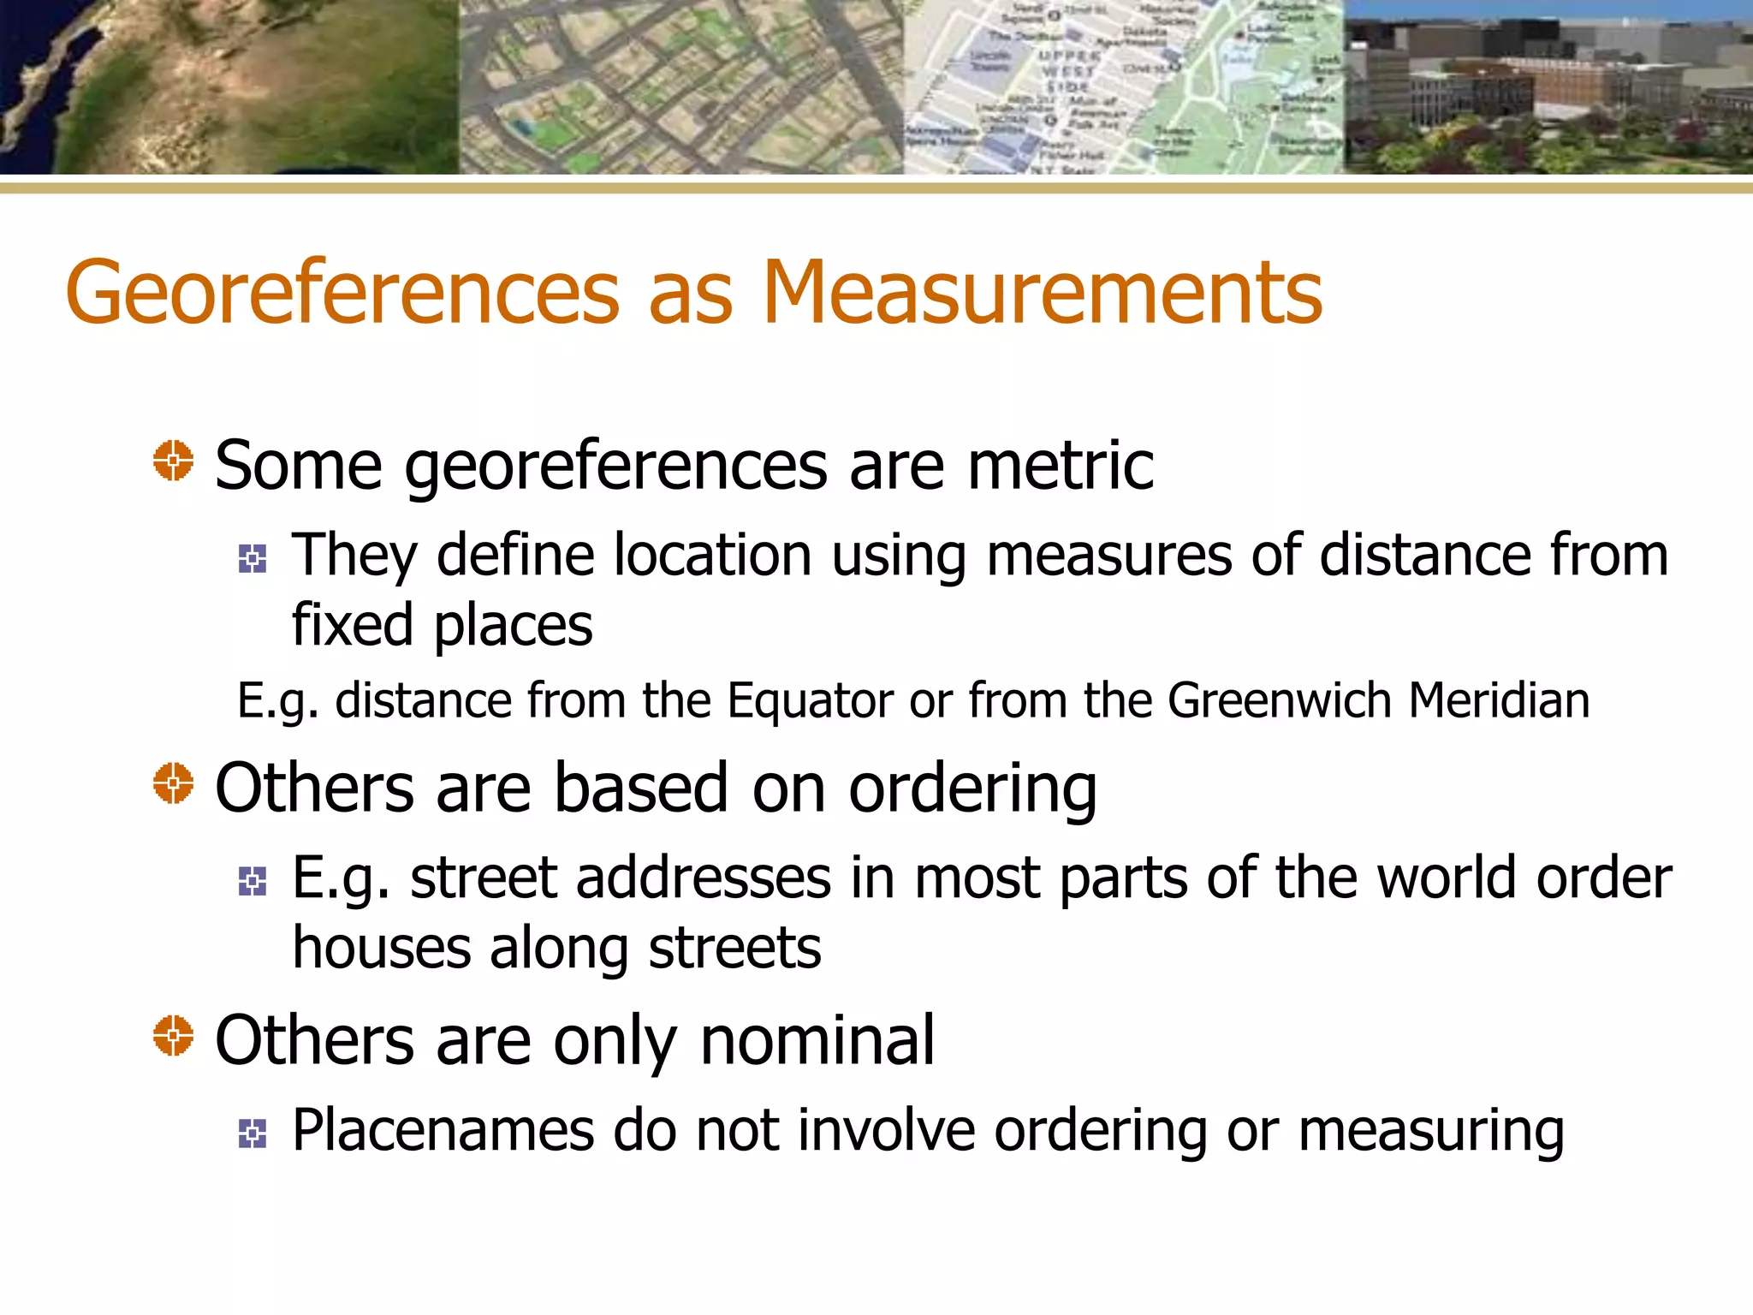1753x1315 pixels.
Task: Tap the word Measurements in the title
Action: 1042,294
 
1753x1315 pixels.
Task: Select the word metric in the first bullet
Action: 1061,466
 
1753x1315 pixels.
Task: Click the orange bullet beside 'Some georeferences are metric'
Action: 174,461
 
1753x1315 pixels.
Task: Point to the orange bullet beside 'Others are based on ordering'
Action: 174,782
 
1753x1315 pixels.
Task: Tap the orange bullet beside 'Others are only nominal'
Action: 174,1035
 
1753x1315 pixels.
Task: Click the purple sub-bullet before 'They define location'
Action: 253,559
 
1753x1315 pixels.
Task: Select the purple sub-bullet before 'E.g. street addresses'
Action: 253,881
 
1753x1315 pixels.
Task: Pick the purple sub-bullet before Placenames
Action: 253,1134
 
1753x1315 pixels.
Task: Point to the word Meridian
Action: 1499,701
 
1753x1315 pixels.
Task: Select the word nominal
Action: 817,1040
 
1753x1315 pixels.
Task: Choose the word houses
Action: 382,948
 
